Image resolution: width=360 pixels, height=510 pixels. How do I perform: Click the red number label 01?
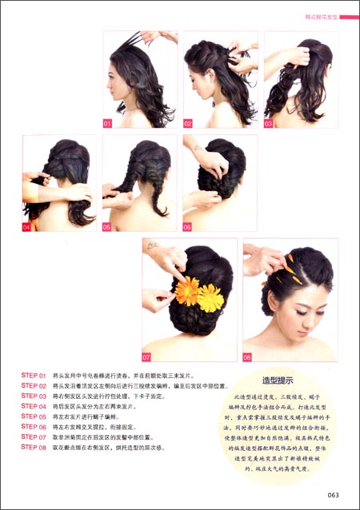107,124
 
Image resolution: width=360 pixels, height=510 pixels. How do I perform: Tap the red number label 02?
188,124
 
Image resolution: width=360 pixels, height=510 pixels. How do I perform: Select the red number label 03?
269,124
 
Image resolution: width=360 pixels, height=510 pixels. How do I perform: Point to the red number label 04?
27,227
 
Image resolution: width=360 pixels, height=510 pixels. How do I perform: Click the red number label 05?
107,227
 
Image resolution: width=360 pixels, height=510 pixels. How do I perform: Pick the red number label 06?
187,227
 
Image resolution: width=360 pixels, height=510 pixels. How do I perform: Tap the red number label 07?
147,357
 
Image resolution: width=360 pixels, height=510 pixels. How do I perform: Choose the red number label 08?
247,357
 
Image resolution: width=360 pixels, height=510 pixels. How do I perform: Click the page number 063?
334,496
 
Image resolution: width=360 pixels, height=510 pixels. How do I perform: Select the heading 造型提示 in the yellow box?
278,381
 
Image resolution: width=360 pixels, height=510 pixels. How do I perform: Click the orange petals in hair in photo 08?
294,268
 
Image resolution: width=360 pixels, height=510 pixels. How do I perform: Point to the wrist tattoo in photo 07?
152,246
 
